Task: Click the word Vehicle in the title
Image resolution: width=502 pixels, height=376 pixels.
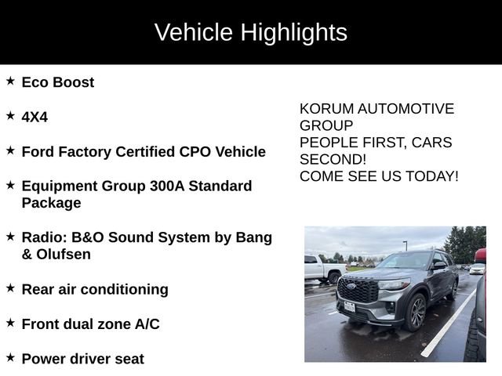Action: pos(194,33)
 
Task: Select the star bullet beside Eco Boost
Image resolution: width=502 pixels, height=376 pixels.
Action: pos(10,81)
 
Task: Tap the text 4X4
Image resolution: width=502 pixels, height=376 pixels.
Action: pos(35,117)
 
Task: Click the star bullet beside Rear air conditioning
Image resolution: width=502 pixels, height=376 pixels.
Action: pos(10,288)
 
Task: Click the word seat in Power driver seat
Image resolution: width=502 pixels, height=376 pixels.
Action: pos(129,359)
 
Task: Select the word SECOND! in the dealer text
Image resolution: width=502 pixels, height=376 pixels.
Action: pos(333,159)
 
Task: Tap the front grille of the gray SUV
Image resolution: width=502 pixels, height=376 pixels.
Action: pos(358,291)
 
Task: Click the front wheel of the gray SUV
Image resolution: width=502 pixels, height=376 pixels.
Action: pos(417,312)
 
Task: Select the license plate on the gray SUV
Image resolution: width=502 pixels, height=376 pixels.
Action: pos(349,306)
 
